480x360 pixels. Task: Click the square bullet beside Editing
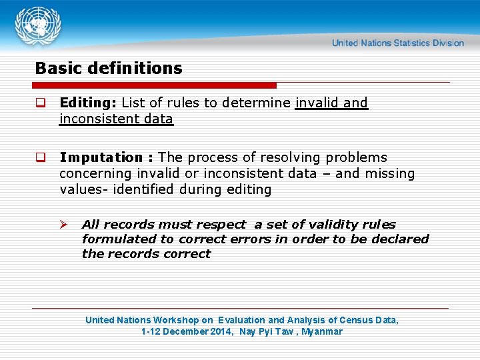[x=41, y=103]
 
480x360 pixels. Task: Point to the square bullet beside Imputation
[x=41, y=158]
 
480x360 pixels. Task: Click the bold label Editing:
[x=88, y=103]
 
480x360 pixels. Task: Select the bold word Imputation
[x=101, y=158]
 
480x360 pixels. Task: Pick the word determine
[x=257, y=103]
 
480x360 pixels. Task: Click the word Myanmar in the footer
[x=322, y=331]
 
